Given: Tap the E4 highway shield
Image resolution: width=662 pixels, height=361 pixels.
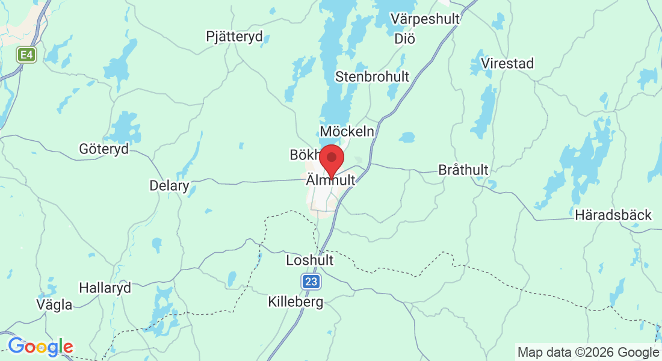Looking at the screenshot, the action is point(26,55).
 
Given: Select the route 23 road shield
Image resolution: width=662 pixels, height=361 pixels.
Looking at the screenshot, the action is point(311,282).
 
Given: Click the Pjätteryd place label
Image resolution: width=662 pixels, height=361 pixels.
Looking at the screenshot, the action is point(234,37).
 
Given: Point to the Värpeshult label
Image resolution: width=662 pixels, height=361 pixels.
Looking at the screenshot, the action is point(425,19).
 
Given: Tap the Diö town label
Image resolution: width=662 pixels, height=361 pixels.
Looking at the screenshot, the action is point(405,39).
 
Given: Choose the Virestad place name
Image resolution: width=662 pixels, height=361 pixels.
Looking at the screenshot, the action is point(507,63).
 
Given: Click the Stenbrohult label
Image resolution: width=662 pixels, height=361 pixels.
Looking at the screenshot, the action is point(372,76).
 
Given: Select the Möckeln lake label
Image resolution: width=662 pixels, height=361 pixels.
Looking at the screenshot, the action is point(347,131).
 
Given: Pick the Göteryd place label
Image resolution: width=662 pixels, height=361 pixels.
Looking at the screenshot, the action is point(104,149).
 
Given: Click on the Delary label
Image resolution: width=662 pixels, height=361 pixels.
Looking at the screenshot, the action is point(169,185).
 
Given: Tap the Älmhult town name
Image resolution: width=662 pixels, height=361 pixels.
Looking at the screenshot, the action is point(330,180).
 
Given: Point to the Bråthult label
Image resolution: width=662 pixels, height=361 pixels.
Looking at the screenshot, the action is point(463,170).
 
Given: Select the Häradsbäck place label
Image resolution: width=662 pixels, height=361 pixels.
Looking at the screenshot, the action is point(613,215).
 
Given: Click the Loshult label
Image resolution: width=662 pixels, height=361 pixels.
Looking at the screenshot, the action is point(309,261).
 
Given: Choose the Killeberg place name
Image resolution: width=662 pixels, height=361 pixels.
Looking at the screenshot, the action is point(295,302).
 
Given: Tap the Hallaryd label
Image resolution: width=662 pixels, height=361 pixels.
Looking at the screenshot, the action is point(105,288).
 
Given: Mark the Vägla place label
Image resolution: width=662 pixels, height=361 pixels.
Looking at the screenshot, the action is point(54,304).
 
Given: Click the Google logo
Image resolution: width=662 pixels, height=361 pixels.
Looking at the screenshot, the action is point(40,347).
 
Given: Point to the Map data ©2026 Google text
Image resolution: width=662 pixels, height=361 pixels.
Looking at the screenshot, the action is point(588,352).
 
